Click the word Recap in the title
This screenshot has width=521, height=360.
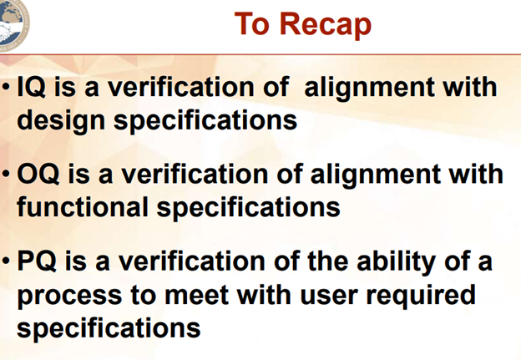coord(326,24)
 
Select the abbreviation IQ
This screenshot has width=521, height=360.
coord(31,87)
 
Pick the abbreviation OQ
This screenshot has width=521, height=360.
coord(38,174)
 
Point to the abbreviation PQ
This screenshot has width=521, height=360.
coord(37,261)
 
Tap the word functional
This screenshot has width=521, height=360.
coord(83,207)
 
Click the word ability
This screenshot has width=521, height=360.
coord(396,262)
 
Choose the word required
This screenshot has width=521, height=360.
coord(421,296)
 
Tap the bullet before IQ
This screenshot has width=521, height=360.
coord(6,88)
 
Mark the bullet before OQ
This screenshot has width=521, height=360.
coord(6,174)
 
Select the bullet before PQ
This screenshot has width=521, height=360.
coord(6,261)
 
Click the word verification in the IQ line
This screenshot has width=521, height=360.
coord(182,86)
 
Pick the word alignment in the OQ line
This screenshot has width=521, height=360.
coord(376,175)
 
